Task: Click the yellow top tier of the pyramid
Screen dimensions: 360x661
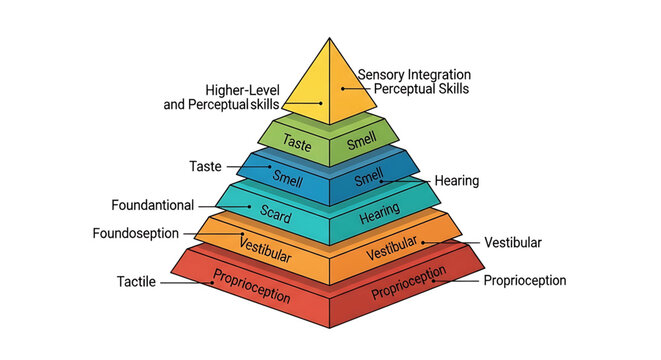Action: tap(330, 85)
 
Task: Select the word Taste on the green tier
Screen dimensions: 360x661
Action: tap(297, 143)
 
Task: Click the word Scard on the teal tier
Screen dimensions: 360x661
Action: tap(275, 212)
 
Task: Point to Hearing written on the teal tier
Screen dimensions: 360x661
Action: tap(379, 212)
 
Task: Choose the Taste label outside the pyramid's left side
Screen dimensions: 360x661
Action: tap(206, 165)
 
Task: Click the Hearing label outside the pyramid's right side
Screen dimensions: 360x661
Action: tap(456, 181)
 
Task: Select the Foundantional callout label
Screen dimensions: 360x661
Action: tap(153, 205)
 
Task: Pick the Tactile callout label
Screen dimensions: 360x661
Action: tap(137, 282)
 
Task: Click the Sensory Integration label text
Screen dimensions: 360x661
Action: tap(413, 75)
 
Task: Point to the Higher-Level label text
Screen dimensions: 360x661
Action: tap(242, 89)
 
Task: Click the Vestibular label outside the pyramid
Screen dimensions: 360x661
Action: tap(512, 243)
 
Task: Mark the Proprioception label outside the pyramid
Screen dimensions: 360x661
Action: tap(524, 281)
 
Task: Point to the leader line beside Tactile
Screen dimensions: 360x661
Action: tap(186, 283)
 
